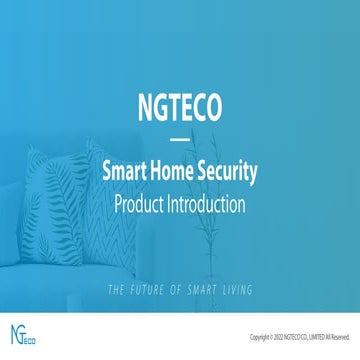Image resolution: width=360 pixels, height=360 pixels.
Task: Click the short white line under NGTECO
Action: click(179, 140)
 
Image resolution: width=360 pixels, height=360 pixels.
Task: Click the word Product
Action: click(144, 205)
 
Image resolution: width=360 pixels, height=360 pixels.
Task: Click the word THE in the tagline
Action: click(117, 263)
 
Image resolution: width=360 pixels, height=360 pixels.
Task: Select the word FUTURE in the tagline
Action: click(150, 263)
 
